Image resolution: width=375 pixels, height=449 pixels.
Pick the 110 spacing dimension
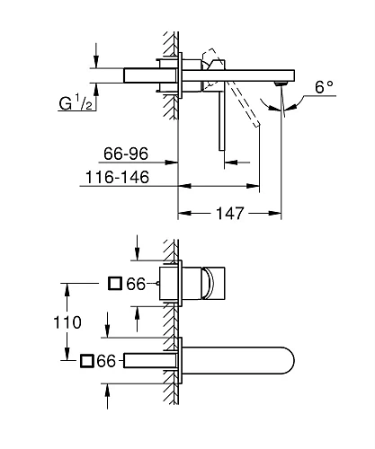[67, 321]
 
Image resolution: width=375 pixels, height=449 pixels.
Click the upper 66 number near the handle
[135, 285]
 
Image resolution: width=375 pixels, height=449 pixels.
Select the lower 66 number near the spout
[106, 362]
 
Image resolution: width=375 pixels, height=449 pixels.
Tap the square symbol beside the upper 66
[115, 285]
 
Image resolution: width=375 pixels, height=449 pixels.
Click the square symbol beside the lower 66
[86, 362]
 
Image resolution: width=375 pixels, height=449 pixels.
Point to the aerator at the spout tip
[282, 83]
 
